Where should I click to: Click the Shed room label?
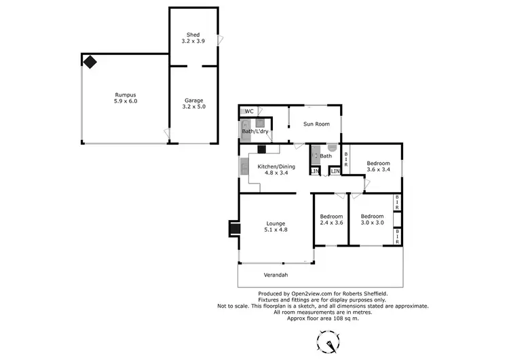point(194,38)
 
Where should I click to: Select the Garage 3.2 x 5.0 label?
point(194,103)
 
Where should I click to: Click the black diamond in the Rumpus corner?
point(90,62)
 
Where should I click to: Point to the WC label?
point(249,111)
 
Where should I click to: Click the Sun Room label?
point(316,124)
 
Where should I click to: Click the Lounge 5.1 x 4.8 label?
point(275,226)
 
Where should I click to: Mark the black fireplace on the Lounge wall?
point(233,228)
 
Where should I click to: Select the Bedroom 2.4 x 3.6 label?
point(331,220)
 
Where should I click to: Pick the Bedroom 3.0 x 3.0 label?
point(372,219)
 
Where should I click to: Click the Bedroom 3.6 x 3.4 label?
point(378,166)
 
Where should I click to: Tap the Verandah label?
point(276,274)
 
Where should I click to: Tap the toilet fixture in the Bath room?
point(332,147)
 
